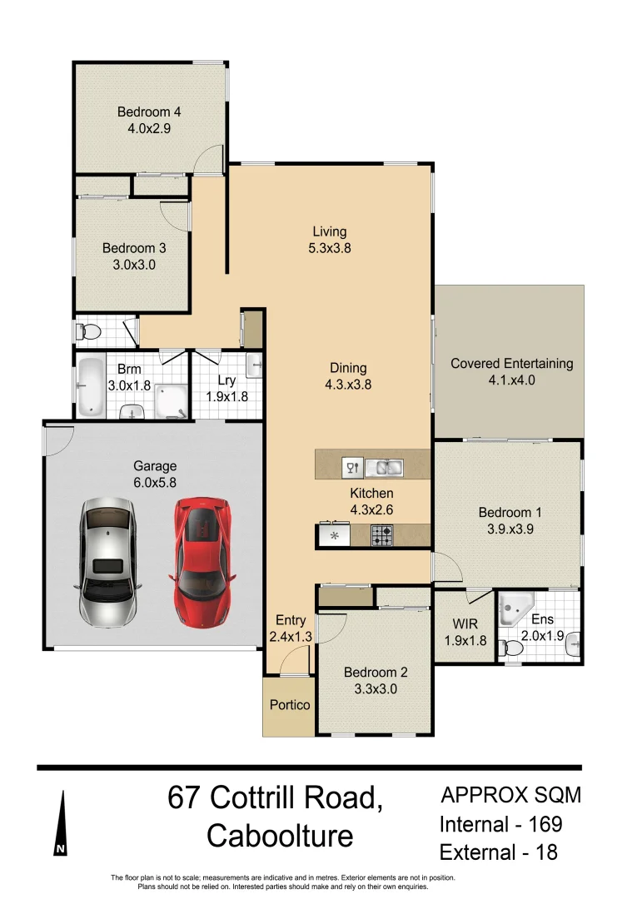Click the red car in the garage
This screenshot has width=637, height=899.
point(202,563)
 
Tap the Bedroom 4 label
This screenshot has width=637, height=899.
point(149,112)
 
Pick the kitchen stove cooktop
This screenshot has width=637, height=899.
point(382,534)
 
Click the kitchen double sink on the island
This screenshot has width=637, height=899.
point(384,468)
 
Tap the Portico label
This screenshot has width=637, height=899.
point(290,705)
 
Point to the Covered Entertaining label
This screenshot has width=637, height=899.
point(511,364)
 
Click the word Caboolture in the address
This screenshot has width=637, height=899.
point(280,835)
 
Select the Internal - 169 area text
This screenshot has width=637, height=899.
point(500,825)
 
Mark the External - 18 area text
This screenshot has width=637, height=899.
point(498,852)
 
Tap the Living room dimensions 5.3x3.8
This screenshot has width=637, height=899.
point(330,248)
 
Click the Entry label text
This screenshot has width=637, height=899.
point(291,621)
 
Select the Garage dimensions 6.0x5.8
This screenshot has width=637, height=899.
point(155,482)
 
